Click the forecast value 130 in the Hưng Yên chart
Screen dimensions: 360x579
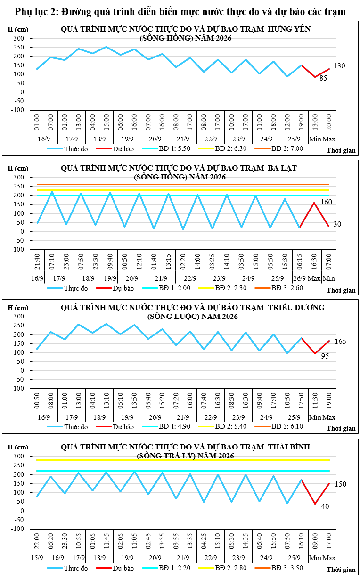click(x=339, y=66)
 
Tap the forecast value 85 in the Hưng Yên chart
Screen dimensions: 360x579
click(x=323, y=78)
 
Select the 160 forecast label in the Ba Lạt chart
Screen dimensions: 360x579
click(x=326, y=202)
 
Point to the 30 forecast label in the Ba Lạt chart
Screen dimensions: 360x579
click(x=337, y=224)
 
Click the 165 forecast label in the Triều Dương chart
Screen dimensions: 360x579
click(x=340, y=342)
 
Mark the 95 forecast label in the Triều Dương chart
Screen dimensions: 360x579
click(x=325, y=356)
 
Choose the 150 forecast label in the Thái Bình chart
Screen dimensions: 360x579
click(x=340, y=484)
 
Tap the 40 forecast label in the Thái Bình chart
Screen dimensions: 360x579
click(x=325, y=506)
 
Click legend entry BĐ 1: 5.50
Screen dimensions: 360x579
click(x=174, y=148)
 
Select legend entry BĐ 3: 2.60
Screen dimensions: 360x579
click(x=287, y=288)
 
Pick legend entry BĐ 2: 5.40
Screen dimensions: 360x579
click(x=231, y=426)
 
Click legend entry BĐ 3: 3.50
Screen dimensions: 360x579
click(x=287, y=568)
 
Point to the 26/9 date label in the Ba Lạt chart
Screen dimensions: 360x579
click(x=300, y=278)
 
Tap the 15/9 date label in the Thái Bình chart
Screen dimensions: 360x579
click(x=37, y=558)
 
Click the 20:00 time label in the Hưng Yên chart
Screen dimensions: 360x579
click(x=329, y=122)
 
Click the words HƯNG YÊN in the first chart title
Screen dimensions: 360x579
click(x=289, y=29)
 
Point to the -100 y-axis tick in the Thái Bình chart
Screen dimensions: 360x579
click(x=17, y=529)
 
